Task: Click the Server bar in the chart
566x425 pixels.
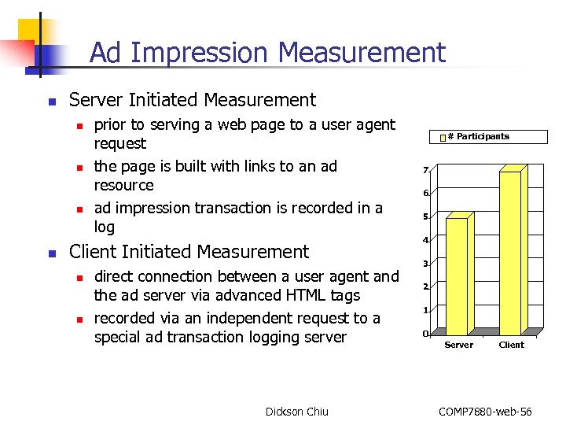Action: coord(457,275)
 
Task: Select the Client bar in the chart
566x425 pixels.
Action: coord(510,252)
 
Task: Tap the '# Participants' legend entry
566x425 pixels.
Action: coord(478,137)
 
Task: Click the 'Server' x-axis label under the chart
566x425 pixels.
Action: coord(459,345)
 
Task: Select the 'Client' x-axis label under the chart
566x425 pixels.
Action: coord(511,345)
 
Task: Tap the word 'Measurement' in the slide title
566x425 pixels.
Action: coord(362,54)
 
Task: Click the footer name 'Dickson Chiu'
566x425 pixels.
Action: coord(297,412)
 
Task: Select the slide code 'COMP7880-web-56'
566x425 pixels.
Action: coord(485,412)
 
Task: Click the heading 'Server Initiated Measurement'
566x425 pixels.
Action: coord(193,100)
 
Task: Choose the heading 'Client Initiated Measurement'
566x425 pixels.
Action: coord(189,252)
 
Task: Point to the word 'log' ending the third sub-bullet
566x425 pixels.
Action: coord(105,227)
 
